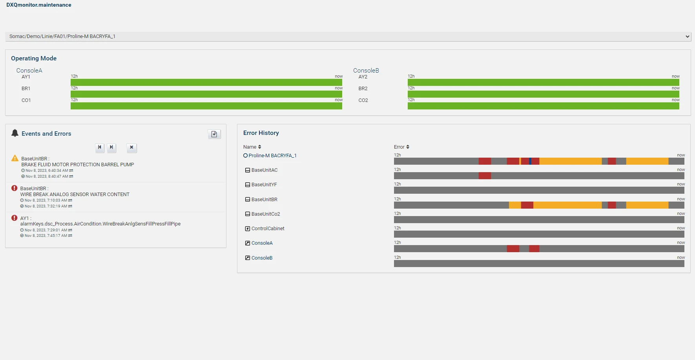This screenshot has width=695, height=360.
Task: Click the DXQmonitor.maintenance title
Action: [x=39, y=5]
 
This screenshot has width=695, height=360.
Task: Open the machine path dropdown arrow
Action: [x=687, y=36]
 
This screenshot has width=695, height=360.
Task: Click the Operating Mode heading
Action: [x=34, y=58]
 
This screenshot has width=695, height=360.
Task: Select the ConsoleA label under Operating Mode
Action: [x=29, y=71]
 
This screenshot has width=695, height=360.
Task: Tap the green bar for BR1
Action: [x=206, y=94]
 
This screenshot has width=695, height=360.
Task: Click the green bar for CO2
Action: [x=544, y=106]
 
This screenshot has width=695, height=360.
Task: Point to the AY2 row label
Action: [x=363, y=77]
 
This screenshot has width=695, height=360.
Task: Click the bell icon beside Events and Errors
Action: [x=15, y=133]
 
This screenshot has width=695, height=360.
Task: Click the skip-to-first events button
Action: [x=100, y=147]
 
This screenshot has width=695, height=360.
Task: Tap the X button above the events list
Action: [x=132, y=147]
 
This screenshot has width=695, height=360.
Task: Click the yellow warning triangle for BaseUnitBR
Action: [x=15, y=158]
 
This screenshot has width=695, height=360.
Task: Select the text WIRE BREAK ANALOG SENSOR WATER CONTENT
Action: [x=75, y=195]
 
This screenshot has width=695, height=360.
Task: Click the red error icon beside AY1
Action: [x=15, y=218]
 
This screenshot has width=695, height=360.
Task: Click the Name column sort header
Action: [x=252, y=147]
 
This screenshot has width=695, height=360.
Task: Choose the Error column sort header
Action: [x=401, y=147]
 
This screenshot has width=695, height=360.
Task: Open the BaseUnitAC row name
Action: [x=265, y=170]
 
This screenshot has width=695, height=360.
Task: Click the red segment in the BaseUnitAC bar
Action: [x=485, y=176]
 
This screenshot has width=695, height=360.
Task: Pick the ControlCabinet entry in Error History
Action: [x=268, y=229]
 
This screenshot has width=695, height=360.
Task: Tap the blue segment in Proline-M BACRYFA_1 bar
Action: [x=530, y=161]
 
